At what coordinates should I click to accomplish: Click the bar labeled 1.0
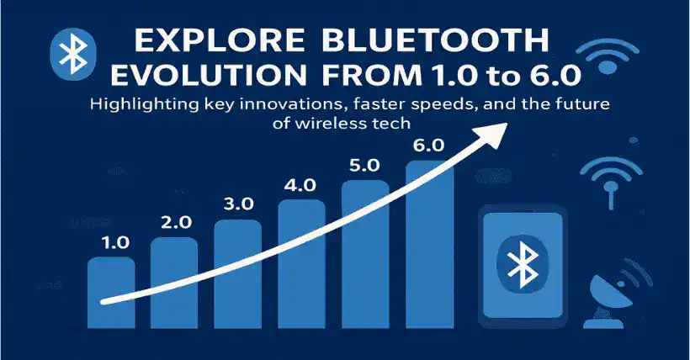tap(111, 293)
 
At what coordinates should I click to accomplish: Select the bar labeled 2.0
tap(174, 283)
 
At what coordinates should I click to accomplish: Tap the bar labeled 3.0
tap(237, 274)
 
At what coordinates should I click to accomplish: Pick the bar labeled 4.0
tap(302, 264)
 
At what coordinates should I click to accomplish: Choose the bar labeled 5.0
tap(366, 254)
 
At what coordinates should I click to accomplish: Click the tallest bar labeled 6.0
tap(429, 245)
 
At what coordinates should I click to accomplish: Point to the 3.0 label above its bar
tap(238, 204)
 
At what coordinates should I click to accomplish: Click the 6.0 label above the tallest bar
tap(429, 146)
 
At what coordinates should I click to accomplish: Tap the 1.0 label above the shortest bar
tap(114, 242)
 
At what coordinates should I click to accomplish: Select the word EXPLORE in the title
tap(219, 40)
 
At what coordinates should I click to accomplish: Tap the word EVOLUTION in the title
tap(208, 75)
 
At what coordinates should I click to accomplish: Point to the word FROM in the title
tap(372, 75)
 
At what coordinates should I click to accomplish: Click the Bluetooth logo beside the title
tap(72, 54)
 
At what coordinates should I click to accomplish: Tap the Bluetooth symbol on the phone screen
tap(523, 264)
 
